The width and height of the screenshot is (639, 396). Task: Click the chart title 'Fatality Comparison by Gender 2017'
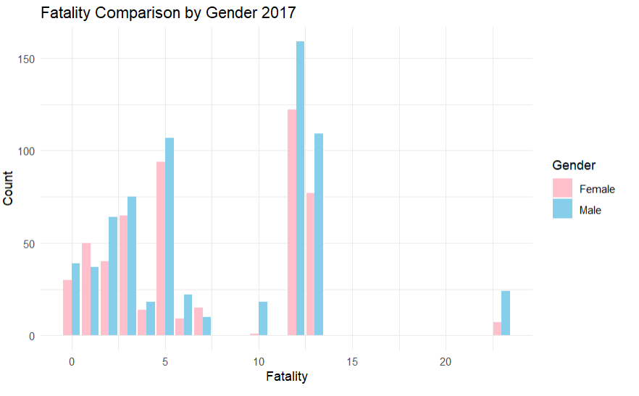point(168,13)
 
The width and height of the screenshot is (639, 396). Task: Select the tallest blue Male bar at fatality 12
point(300,188)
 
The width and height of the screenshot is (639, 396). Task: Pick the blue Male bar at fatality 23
point(506,313)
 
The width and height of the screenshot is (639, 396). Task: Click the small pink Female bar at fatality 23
point(497,329)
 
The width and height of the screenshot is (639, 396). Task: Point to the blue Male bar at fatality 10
point(263,319)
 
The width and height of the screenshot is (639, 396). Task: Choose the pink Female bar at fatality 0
point(67,308)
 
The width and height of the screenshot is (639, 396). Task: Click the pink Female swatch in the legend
point(562,188)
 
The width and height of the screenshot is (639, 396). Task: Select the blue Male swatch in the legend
point(562,210)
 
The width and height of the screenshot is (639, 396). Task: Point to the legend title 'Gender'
point(574,165)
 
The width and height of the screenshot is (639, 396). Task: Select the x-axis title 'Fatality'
point(287,376)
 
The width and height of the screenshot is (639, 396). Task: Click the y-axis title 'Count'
point(9,188)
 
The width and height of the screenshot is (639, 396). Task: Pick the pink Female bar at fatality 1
point(86,290)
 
